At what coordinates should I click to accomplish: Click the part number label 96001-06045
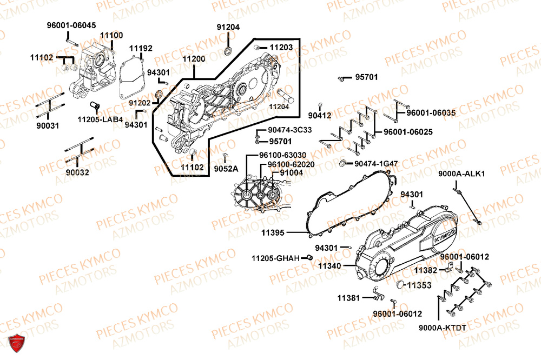71,25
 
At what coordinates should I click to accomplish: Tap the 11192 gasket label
141,48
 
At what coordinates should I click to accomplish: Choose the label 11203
281,48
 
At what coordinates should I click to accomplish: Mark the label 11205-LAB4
100,119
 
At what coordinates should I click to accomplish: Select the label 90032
78,172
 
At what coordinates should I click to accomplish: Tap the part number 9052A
225,168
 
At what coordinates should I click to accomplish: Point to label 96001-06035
431,112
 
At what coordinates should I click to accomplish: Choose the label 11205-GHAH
275,258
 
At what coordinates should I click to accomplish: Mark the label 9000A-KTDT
442,328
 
